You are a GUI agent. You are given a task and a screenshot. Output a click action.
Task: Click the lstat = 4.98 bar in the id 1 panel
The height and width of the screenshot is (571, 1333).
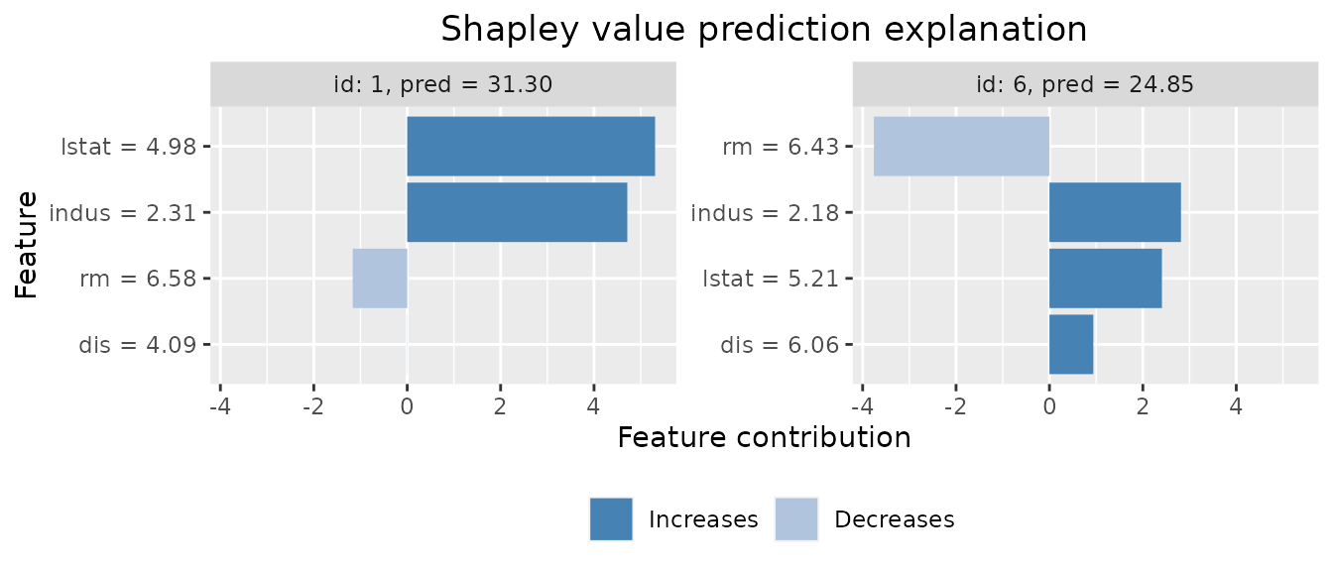[x=531, y=146]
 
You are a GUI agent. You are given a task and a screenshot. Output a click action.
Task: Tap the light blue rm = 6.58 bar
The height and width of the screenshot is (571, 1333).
[x=380, y=279]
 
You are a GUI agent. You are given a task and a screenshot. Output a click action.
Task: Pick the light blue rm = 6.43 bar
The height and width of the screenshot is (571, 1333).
[x=961, y=146]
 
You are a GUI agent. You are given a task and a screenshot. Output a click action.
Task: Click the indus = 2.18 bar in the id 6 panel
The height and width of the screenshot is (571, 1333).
[x=1115, y=212]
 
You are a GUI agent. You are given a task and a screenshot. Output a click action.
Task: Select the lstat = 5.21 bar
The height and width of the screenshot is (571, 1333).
[x=1105, y=279]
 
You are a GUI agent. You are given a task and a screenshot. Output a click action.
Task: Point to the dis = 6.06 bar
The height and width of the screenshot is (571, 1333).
[x=1071, y=345]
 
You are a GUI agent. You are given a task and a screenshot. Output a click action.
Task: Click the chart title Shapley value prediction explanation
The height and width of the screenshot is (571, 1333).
[x=764, y=29]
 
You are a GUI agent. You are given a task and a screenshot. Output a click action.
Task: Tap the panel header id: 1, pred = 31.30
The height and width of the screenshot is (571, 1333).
[x=442, y=84]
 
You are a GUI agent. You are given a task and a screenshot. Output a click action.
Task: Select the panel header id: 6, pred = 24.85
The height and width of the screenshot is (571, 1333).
[x=1085, y=84]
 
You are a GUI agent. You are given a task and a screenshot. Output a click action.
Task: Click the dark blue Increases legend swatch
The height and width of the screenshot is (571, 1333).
[x=611, y=519]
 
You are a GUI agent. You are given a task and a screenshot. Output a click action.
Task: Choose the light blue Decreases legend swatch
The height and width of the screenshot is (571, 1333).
[x=796, y=519]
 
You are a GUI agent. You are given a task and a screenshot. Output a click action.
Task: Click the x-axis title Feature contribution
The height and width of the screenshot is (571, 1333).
[x=764, y=437]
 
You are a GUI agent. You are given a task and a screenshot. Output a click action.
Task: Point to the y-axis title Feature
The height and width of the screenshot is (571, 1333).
[x=27, y=245]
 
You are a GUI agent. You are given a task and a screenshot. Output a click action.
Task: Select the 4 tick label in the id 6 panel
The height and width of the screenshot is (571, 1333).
[x=1236, y=406]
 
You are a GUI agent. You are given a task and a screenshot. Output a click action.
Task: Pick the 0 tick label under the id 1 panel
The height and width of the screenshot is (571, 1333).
[x=407, y=406]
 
